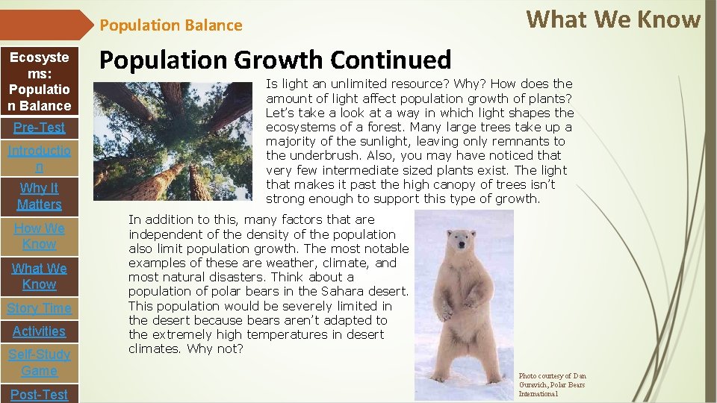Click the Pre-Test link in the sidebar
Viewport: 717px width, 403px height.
tap(40, 127)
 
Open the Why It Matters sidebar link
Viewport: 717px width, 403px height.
tap(40, 196)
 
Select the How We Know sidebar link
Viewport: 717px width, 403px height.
tap(40, 236)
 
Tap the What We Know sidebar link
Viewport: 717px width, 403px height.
tap(40, 276)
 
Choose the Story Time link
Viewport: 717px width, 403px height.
tap(40, 308)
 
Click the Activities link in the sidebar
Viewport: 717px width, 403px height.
tap(40, 331)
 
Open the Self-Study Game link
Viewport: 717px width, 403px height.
tap(40, 363)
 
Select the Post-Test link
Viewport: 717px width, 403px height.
tap(40, 394)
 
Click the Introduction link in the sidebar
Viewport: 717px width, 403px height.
tap(40, 159)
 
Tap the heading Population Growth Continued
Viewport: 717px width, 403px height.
tap(276, 60)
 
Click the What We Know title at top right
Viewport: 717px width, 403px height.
tap(613, 19)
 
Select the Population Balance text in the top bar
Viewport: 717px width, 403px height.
tap(171, 25)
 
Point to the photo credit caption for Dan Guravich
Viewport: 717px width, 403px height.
tap(553, 384)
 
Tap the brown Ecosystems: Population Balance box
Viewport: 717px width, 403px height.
tap(40, 81)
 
